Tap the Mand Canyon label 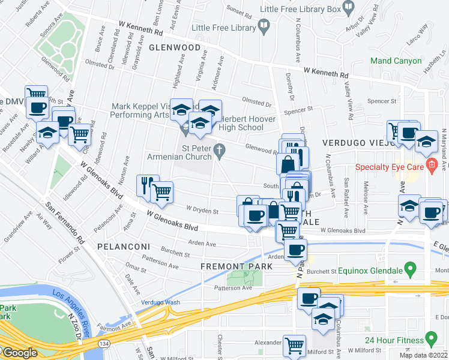(396, 61)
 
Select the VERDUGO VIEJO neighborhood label (356, 142)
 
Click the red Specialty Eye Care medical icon (430, 166)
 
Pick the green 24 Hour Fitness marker (430, 336)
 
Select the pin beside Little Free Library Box (348, 8)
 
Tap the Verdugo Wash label (161, 302)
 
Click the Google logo (19, 352)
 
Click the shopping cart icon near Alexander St (294, 345)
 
